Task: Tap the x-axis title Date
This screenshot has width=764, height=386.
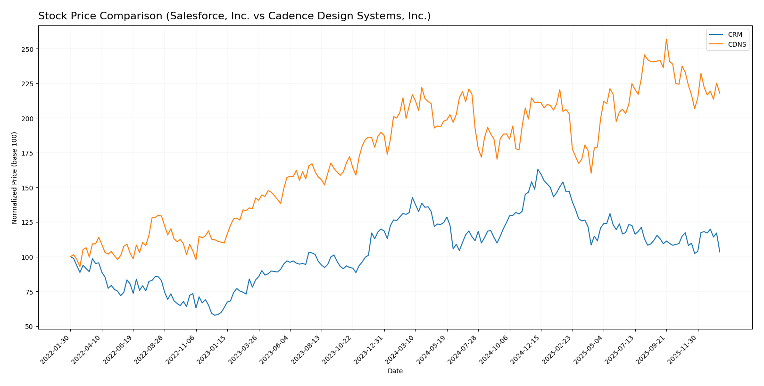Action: [x=395, y=371]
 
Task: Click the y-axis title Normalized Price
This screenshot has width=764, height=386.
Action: [x=15, y=178]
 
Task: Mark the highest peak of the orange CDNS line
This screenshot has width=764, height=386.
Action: [x=666, y=39]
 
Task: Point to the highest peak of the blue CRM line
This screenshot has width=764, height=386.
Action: [x=538, y=169]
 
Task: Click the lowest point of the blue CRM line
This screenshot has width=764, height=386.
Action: [x=215, y=315]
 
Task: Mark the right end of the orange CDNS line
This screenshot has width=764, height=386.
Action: [x=720, y=93]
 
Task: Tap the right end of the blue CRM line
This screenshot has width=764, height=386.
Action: [x=720, y=252]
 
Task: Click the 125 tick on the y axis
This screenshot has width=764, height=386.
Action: [x=29, y=222]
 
